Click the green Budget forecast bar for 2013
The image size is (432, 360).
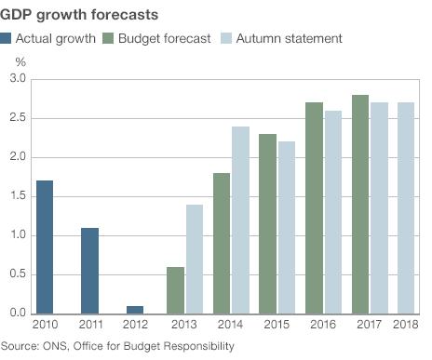pyautogui.click(x=176, y=289)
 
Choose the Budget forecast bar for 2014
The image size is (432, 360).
pyautogui.click(x=222, y=243)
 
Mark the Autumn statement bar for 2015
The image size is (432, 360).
pyautogui.click(x=286, y=227)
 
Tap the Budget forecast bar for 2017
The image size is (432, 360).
pyautogui.click(x=360, y=204)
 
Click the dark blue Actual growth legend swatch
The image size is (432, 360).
pyautogui.click(x=7, y=38)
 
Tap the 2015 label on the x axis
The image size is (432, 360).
pyautogui.click(x=276, y=325)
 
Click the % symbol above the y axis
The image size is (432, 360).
pyautogui.click(x=20, y=61)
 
